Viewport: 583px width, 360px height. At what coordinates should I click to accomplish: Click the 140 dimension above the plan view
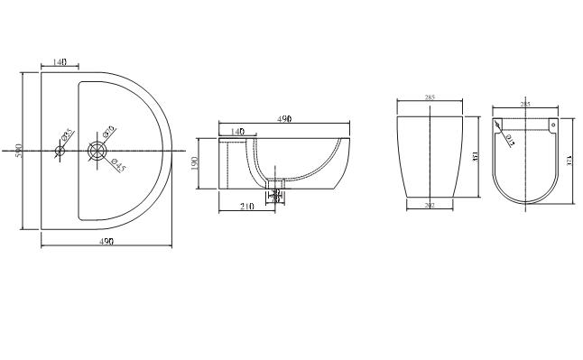[60, 61]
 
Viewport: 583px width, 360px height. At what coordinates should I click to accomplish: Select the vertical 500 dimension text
[18, 150]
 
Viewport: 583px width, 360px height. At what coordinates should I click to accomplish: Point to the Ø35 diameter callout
[66, 136]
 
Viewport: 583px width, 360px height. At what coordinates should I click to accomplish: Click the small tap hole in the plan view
[60, 150]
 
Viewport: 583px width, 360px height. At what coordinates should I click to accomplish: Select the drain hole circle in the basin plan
[97, 150]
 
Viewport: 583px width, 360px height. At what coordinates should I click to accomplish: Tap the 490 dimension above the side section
[284, 118]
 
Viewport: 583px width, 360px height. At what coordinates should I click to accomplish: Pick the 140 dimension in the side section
[237, 132]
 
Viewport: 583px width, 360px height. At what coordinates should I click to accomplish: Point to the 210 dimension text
[245, 207]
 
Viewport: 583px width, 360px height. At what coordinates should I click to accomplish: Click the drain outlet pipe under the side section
[276, 192]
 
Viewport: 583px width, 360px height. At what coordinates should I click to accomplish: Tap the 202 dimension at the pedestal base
[430, 206]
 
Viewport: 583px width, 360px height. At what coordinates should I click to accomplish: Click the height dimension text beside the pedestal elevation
[474, 155]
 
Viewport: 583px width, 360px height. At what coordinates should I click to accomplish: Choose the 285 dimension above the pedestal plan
[525, 105]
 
